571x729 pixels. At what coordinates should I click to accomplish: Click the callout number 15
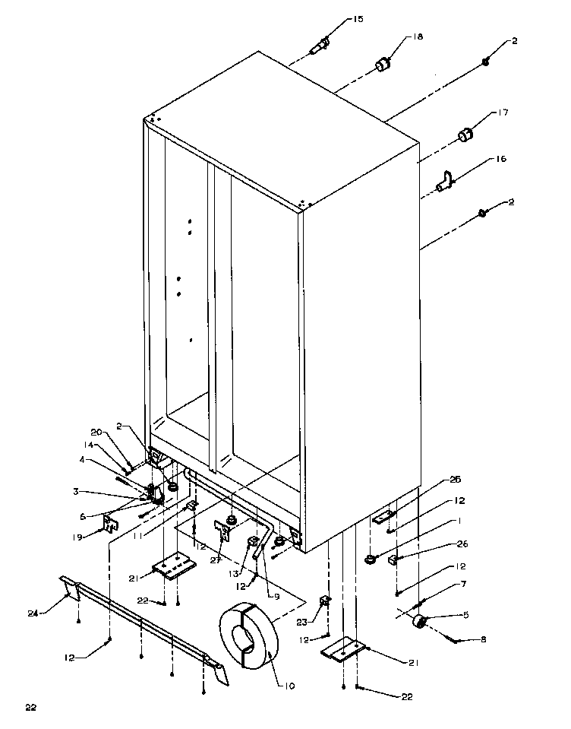(x=358, y=19)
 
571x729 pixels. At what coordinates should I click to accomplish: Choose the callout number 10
(x=290, y=686)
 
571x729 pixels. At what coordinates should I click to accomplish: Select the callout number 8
(x=483, y=640)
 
